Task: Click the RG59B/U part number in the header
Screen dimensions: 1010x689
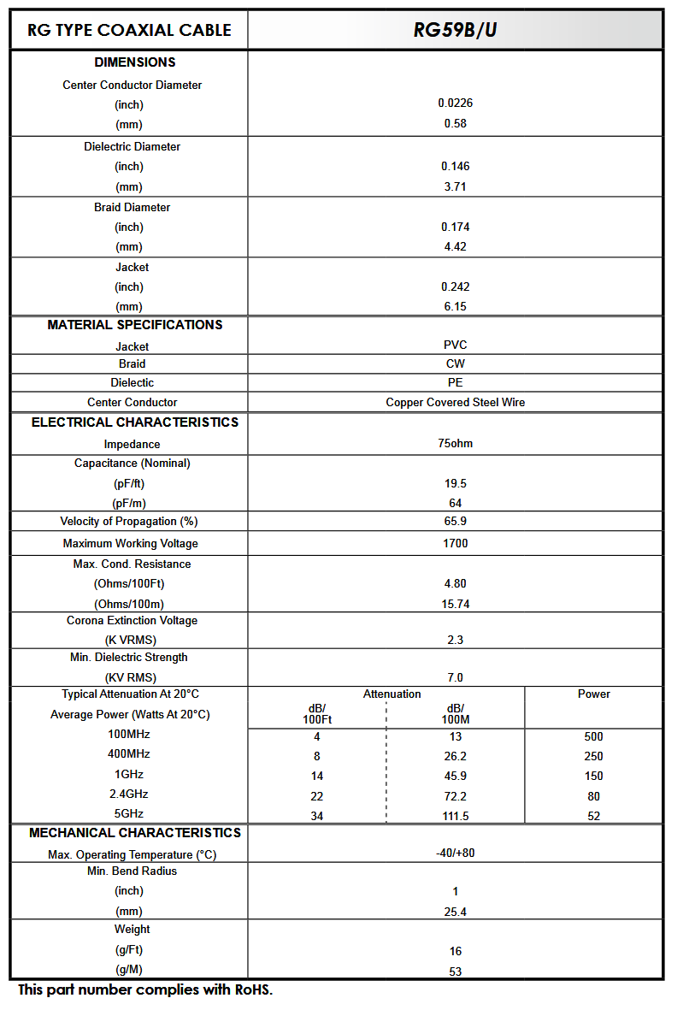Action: (455, 30)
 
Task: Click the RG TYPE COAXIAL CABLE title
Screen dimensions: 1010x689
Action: (129, 30)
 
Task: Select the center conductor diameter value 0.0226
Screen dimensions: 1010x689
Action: (455, 103)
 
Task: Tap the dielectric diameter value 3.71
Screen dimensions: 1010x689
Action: (455, 186)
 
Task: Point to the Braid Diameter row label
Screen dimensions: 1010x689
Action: (132, 207)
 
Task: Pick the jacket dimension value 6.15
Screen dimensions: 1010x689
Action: (455, 306)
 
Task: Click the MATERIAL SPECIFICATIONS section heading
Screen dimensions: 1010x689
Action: (134, 325)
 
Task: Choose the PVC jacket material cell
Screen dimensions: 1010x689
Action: (455, 345)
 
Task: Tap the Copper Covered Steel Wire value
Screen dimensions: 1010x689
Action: (455, 402)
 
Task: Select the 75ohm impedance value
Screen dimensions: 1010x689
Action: (455, 443)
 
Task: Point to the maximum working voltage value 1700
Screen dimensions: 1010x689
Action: (455, 543)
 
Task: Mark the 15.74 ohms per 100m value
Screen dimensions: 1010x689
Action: (455, 604)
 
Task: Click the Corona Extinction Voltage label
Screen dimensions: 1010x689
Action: (132, 620)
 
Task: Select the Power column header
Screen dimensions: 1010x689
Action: (593, 694)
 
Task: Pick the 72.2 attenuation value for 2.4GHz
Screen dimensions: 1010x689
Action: (455, 796)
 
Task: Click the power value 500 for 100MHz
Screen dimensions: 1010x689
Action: (593, 736)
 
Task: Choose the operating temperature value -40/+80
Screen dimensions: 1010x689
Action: (455, 853)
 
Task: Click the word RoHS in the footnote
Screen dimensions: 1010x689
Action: (251, 990)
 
